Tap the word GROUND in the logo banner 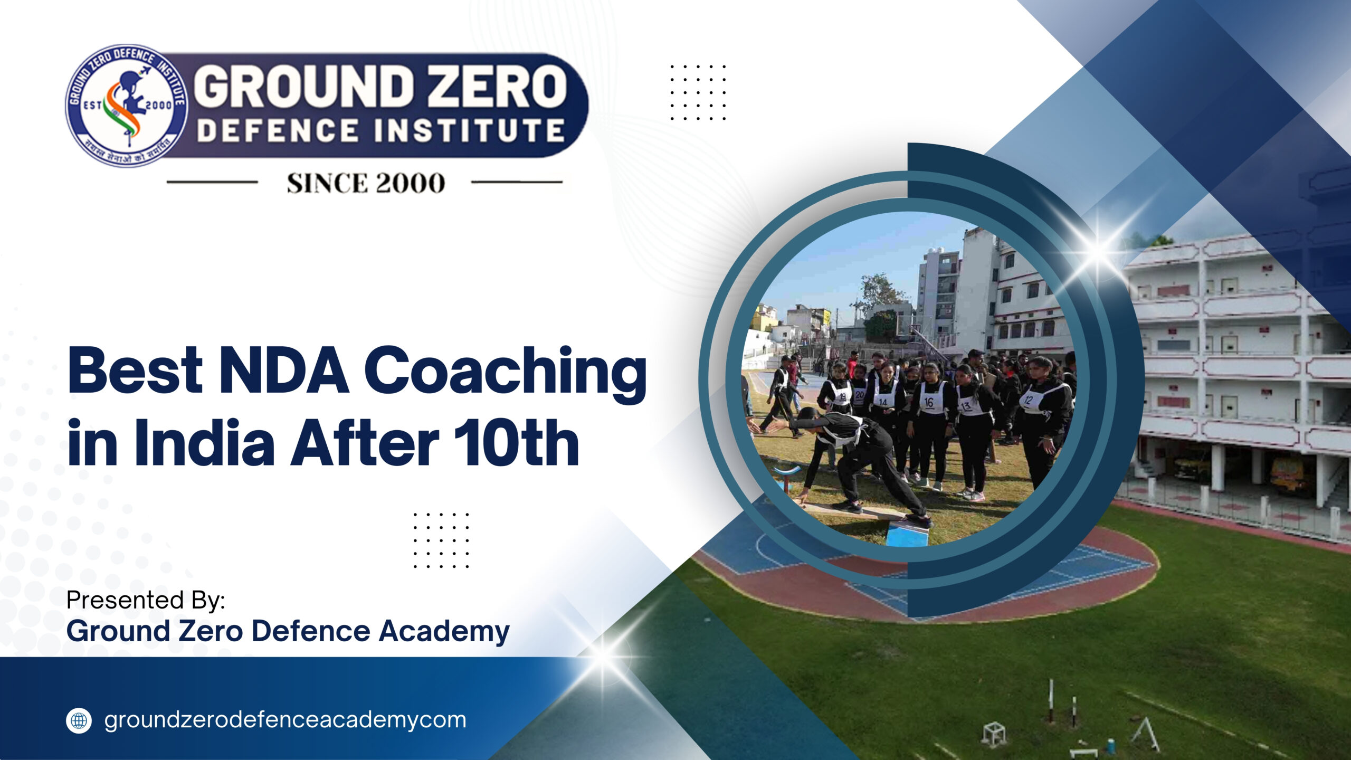304,86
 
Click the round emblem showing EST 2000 127,106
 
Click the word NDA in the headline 284,370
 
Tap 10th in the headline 516,443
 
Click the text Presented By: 146,600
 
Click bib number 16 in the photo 929,402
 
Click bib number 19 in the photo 842,396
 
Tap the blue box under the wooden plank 906,534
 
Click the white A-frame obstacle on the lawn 1145,734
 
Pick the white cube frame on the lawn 994,734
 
